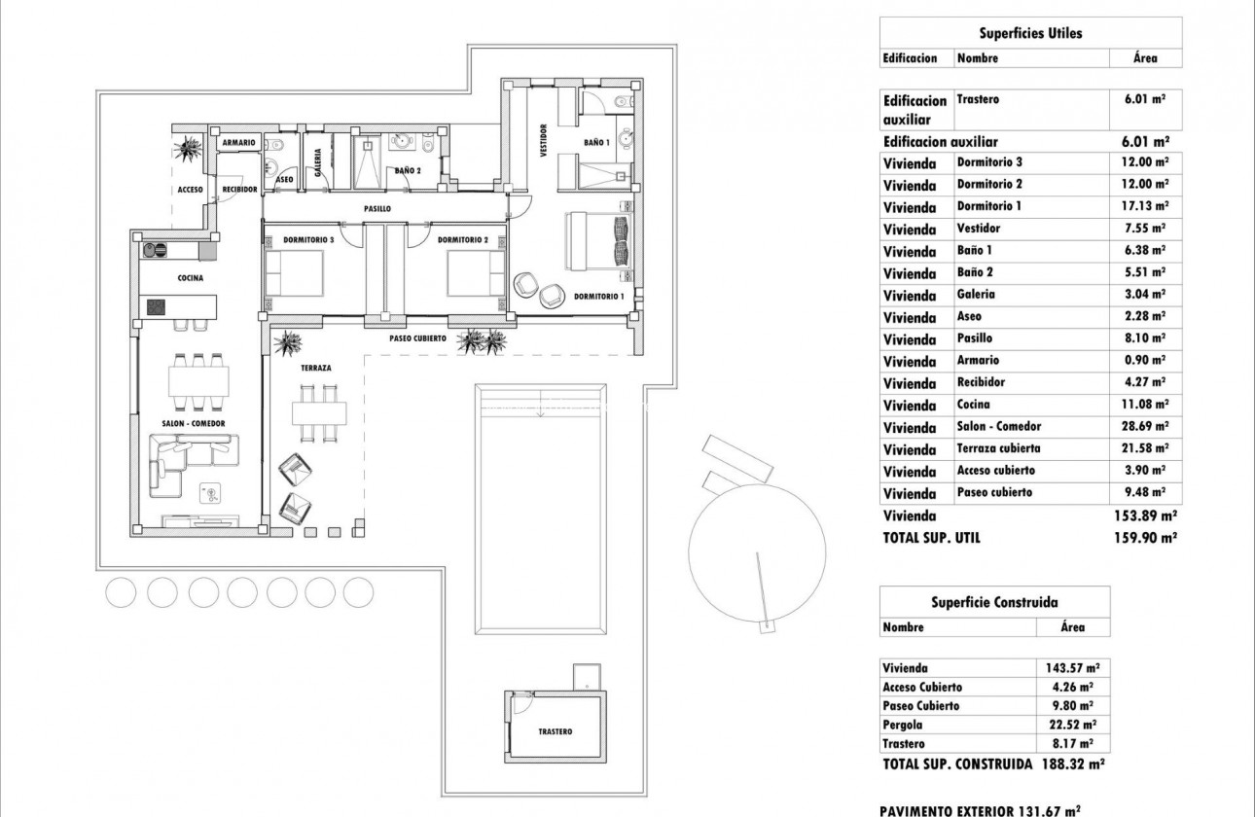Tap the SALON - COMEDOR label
coord(194,424)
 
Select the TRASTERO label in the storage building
coord(555,731)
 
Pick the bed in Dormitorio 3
coord(294,273)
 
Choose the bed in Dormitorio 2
coord(476,273)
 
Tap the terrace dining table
coord(318,412)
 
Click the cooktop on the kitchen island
coord(157,307)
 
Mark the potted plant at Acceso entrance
coord(188,148)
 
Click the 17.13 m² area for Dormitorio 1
coord(1144,206)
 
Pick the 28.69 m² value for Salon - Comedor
coord(1144,427)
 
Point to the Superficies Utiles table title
coord(1031,33)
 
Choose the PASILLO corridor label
coord(377,208)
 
